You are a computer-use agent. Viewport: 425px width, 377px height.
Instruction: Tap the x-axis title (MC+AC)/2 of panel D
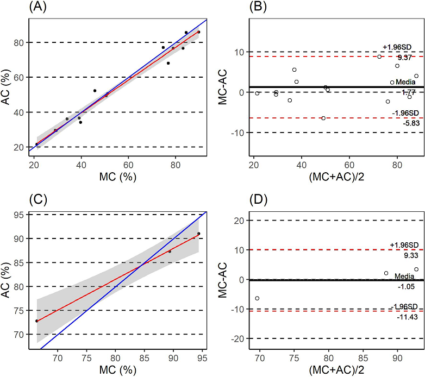[x=335, y=371]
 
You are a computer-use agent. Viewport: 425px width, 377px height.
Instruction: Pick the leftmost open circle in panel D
[x=257, y=298]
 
